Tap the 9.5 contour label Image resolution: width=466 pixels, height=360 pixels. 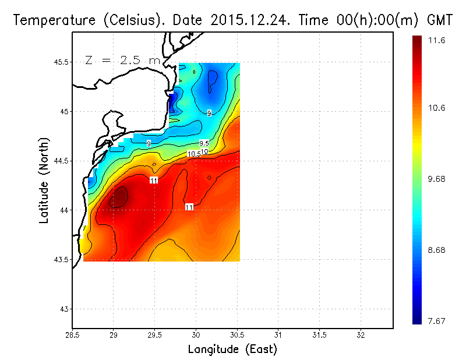[x=204, y=143]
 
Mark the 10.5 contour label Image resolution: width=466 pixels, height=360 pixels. [x=193, y=154]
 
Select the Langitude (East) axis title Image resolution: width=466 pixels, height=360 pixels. [x=232, y=350]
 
